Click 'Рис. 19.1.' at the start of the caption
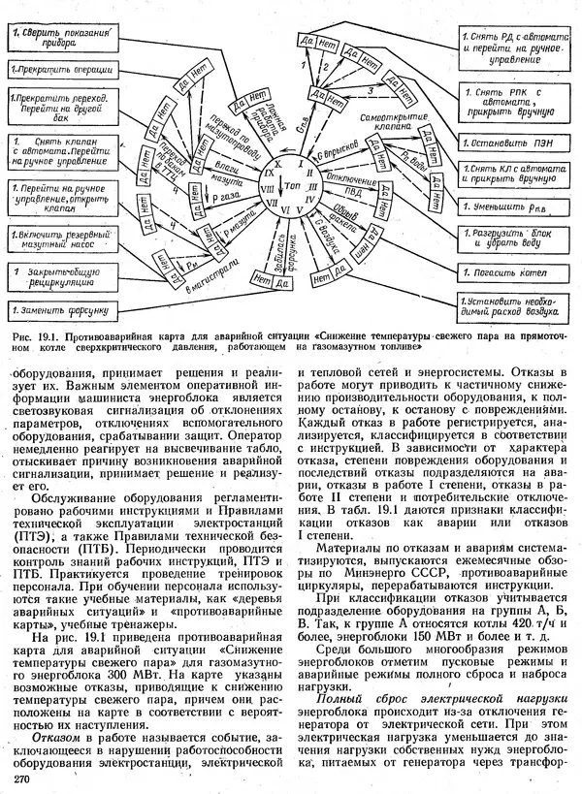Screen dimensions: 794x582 click(x=36, y=336)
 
